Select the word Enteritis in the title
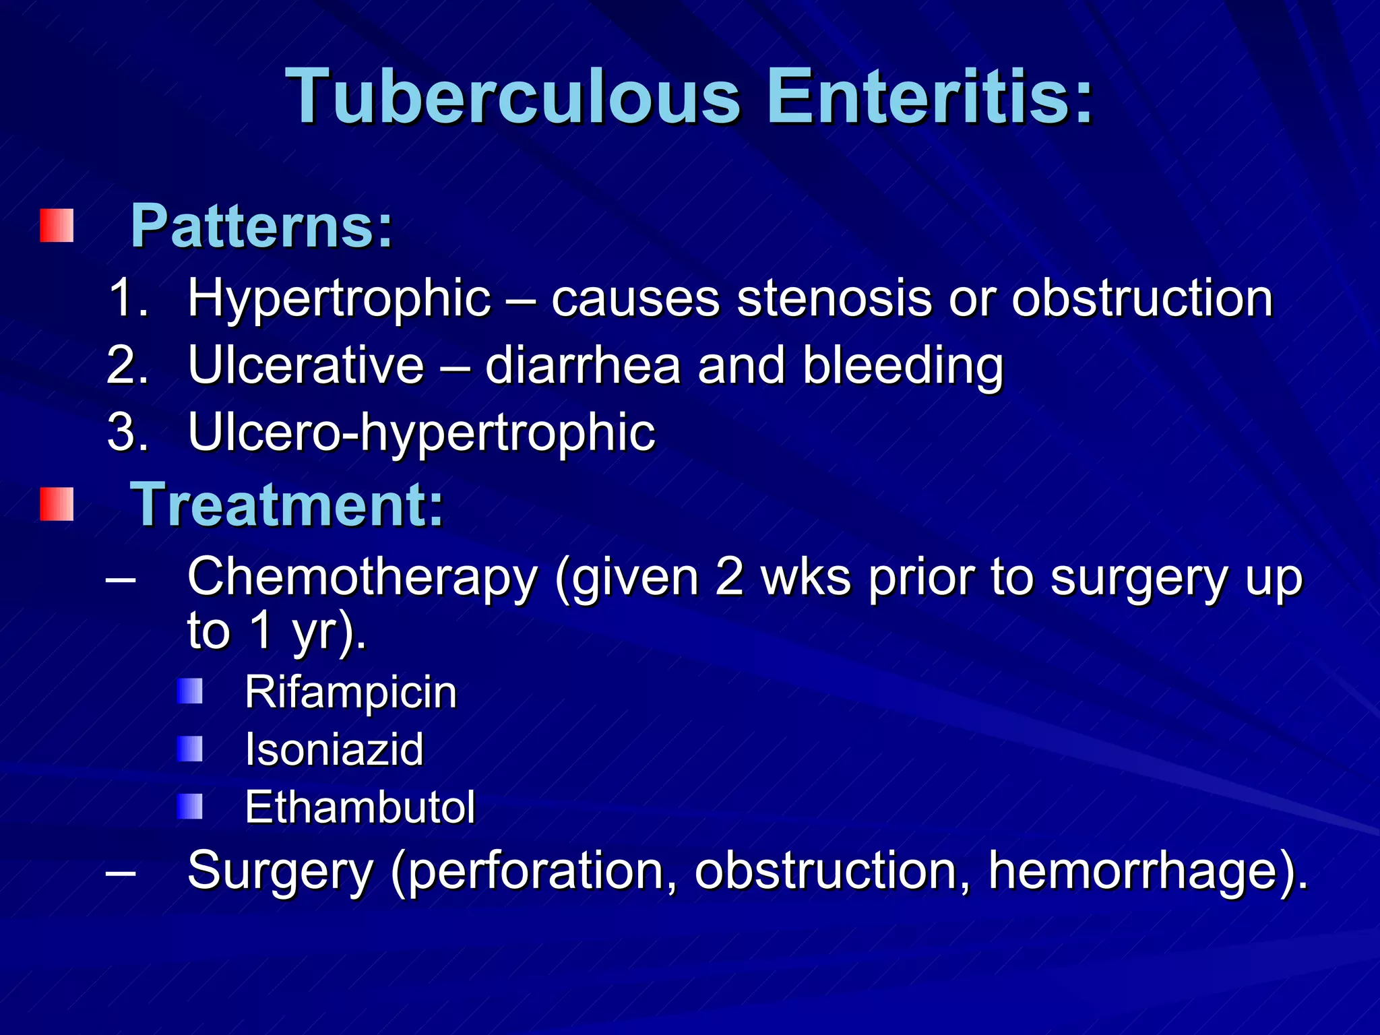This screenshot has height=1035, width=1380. [x=930, y=98]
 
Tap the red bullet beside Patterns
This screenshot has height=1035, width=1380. [x=57, y=225]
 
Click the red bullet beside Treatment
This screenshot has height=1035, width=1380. [x=57, y=504]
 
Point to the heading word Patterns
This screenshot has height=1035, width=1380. [x=261, y=226]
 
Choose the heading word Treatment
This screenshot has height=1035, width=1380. [x=287, y=505]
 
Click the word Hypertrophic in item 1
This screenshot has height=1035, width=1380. [x=340, y=299]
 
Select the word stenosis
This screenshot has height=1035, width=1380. [x=834, y=299]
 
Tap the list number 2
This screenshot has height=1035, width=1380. [x=127, y=366]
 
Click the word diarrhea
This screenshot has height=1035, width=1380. [x=583, y=366]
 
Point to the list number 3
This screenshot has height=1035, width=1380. [x=127, y=432]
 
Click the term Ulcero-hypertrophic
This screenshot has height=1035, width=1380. [x=421, y=433]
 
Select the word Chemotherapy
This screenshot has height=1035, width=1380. [x=363, y=578]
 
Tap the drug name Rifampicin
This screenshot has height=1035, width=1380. [x=350, y=693]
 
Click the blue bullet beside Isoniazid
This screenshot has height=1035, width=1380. [x=190, y=749]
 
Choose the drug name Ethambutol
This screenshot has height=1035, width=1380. [x=360, y=807]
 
